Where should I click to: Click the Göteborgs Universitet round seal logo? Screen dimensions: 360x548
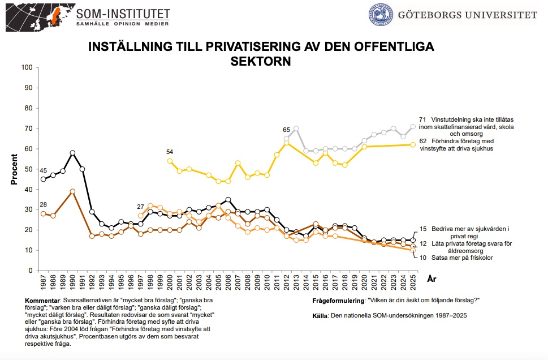pos(381,16)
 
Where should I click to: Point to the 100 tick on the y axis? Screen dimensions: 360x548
pos(26,67)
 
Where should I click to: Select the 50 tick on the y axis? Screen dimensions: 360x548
pos(28,169)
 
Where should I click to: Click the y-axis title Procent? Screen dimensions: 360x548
pos(14,169)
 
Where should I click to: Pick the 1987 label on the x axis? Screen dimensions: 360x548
pos(44,281)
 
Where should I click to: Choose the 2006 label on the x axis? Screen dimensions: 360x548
pos(228,281)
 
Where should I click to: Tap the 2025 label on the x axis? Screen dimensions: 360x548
pos(413,281)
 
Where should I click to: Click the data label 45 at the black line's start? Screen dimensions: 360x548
pos(43,171)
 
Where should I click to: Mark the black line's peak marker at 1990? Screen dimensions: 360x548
pos(72,153)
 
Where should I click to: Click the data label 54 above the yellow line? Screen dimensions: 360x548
pos(170,152)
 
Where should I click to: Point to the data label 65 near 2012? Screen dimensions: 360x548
pos(287,130)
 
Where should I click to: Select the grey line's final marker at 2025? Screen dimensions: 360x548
pos(413,126)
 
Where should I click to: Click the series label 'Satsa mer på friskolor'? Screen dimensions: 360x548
pos(462,258)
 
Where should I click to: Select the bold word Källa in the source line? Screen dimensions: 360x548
pos(320,315)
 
